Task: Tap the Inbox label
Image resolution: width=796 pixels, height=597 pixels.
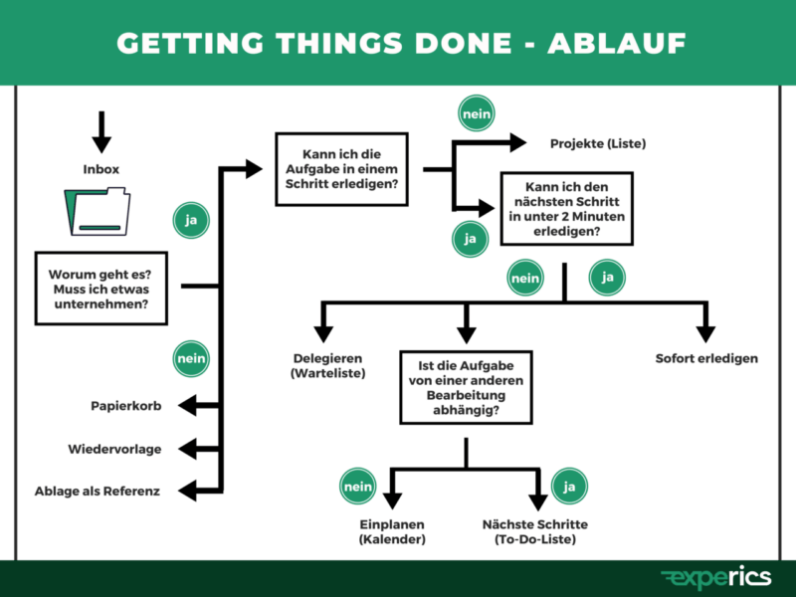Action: coord(100,169)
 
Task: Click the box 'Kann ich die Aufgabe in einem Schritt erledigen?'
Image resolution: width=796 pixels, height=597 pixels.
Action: coord(340,169)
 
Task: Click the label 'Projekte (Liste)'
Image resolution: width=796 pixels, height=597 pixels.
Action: coord(598,144)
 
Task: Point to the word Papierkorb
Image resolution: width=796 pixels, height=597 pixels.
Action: coord(125,406)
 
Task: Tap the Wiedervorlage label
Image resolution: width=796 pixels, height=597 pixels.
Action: coord(114,449)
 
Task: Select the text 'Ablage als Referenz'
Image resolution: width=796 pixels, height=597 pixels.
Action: coord(97,491)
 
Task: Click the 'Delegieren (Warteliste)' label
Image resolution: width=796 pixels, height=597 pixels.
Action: coord(328,366)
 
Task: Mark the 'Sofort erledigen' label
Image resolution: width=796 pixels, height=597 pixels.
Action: coord(706,358)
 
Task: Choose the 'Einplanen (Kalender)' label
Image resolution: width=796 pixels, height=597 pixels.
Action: coord(392,531)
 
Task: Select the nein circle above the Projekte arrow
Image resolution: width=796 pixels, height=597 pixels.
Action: coord(477,114)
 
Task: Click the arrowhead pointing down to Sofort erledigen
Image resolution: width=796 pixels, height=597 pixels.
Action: coord(706,332)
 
